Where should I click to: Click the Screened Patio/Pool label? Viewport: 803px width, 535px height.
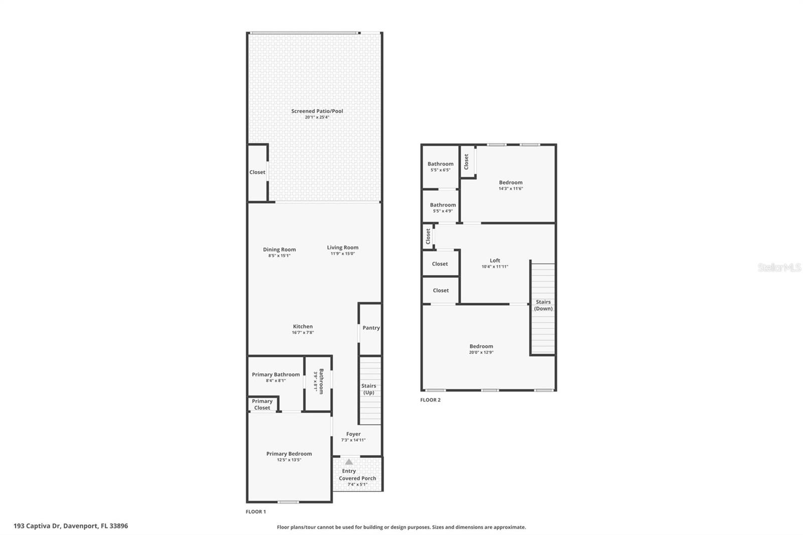[x=317, y=111]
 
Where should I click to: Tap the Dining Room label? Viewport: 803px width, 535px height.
[x=279, y=249]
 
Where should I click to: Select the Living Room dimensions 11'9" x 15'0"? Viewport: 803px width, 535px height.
[x=342, y=254]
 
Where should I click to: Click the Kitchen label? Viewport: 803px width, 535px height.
[x=303, y=327]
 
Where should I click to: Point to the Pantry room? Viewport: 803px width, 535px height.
[x=371, y=328]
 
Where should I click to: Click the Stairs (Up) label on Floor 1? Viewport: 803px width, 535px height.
[x=369, y=389]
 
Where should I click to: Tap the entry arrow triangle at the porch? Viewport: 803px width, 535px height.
[x=349, y=462]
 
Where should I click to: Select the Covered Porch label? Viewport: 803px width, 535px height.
[x=357, y=478]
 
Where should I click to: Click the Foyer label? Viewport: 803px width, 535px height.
[x=353, y=434]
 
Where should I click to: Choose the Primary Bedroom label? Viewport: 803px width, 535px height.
[x=289, y=454]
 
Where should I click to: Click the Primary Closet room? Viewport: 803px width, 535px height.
[x=262, y=405]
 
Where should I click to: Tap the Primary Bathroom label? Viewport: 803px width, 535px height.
[x=276, y=374]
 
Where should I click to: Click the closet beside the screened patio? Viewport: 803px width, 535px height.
[x=257, y=172]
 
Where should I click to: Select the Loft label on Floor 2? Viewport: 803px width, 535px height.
[x=495, y=260]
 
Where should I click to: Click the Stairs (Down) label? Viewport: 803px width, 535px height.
[x=543, y=305]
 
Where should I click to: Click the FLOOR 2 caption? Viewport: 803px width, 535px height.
[x=430, y=400]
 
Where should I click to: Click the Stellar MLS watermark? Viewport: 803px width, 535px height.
[x=779, y=268]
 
